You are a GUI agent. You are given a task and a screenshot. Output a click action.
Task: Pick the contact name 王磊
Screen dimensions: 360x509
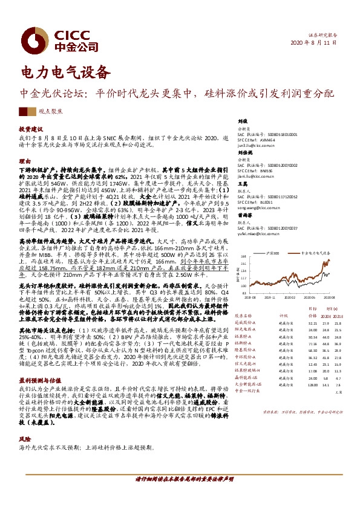coord(242,199)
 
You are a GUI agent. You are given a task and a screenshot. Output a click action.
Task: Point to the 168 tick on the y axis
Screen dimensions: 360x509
coord(243,256)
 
